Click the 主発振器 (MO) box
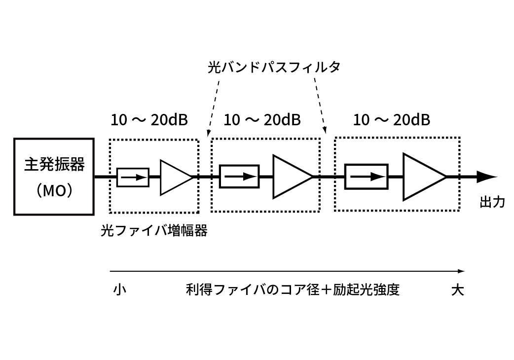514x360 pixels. coord(54,177)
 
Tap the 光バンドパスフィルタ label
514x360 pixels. coord(274,68)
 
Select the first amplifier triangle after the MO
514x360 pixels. coord(175,177)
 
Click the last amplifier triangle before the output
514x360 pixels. coord(422,177)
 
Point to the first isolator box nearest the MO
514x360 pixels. coord(133,177)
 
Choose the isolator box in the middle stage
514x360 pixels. coord(239,177)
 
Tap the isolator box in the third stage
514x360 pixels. coord(366,177)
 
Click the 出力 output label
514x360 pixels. coord(492,202)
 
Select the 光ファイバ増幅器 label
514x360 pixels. coord(154,230)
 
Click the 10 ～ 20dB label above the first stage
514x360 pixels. coord(149,120)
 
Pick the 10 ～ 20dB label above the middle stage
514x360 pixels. coord(262,120)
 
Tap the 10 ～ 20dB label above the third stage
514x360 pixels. coord(391,120)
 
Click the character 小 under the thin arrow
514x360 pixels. coord(120,289)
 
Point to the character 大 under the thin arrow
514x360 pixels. coord(457,289)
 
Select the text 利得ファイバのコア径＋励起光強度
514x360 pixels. coord(293,289)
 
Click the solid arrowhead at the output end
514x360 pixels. coord(486,177)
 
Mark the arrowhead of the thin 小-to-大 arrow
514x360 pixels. coord(461,271)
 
